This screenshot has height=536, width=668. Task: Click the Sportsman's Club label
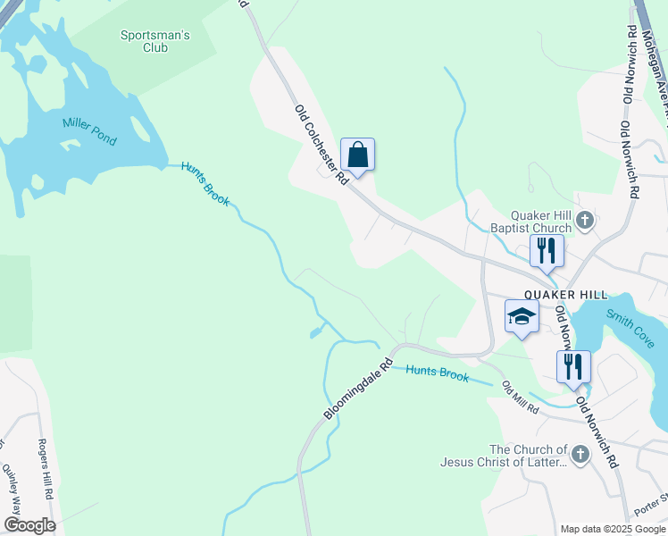pyautogui.click(x=155, y=41)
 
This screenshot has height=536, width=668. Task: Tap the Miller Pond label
pyautogui.click(x=89, y=130)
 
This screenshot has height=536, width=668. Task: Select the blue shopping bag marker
pyautogui.click(x=357, y=155)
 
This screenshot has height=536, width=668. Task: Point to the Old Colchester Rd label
pyautogui.click(x=321, y=145)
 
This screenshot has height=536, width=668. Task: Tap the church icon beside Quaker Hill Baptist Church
pyautogui.click(x=584, y=220)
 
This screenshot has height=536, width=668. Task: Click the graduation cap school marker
pyautogui.click(x=522, y=317)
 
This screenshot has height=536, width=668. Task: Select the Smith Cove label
pyautogui.click(x=630, y=328)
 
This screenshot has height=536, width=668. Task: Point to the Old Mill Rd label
pyautogui.click(x=520, y=398)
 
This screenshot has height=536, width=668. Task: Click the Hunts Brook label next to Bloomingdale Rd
pyautogui.click(x=438, y=373)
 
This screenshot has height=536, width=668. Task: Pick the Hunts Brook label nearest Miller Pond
pyautogui.click(x=205, y=183)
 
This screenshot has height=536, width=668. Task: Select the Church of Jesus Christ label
pyautogui.click(x=504, y=456)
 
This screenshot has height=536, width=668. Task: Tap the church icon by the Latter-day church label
pyautogui.click(x=580, y=456)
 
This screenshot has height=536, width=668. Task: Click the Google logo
pyautogui.click(x=29, y=525)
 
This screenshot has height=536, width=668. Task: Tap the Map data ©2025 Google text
pyautogui.click(x=612, y=529)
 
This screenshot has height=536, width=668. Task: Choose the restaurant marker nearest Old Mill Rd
pyautogui.click(x=572, y=366)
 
